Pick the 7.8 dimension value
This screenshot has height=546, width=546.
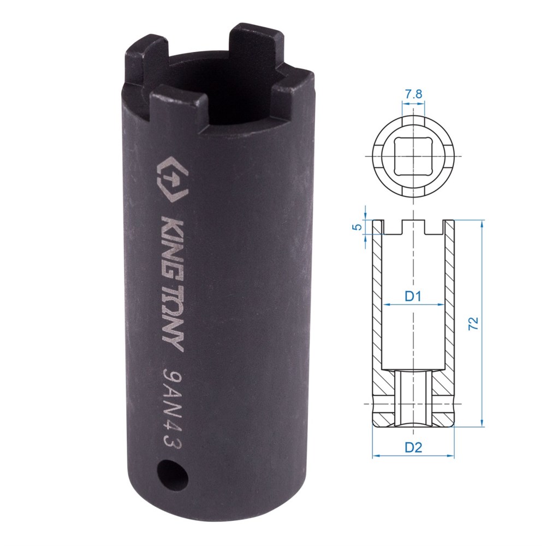tap(413, 94)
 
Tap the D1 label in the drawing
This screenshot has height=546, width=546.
tap(413, 296)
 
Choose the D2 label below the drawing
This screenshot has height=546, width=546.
tap(413, 447)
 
